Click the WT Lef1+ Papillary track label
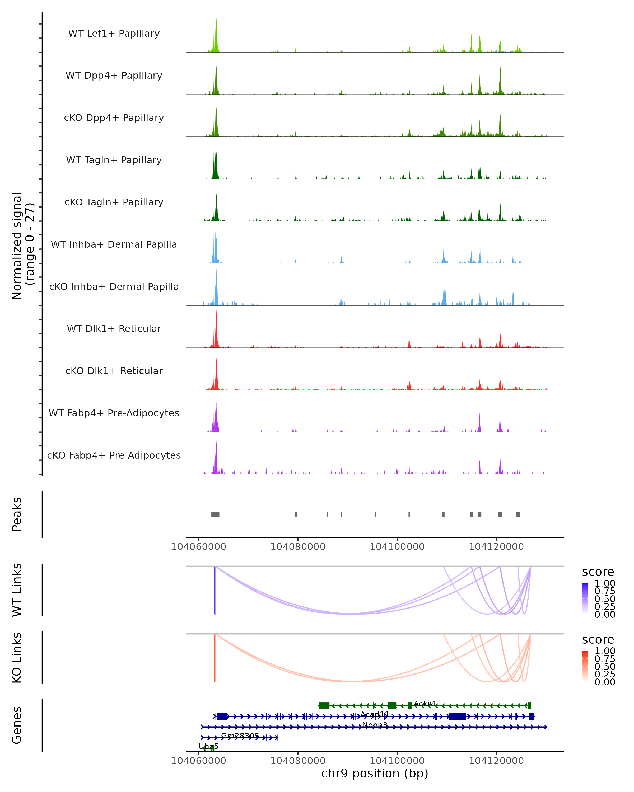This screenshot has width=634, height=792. coord(114,34)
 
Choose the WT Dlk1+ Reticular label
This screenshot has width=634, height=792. coord(114,328)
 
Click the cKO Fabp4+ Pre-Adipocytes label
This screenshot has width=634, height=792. coord(114,455)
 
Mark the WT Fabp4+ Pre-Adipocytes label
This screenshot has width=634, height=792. coord(114,413)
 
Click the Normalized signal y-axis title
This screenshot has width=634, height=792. coord(23,246)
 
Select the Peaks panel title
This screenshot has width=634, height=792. coord(17,514)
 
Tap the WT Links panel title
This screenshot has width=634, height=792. coord(17,590)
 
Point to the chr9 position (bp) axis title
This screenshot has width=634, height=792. coord(375,773)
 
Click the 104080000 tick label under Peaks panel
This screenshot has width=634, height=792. coord(298,547)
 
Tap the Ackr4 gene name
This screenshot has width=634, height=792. coord(425,704)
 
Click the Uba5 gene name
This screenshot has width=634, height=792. coord(208,746)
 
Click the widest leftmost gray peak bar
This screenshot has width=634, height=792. coord(215,514)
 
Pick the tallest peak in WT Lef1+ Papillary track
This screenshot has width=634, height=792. coord(216,20)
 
